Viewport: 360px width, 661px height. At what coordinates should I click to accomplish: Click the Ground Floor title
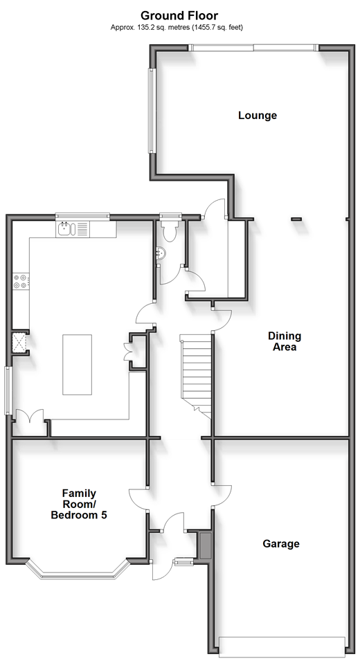point(179,16)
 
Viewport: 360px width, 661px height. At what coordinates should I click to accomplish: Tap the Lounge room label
point(258,115)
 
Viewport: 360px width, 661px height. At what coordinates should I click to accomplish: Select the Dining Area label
point(285,341)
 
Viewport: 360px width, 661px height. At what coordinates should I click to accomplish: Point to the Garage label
point(281,544)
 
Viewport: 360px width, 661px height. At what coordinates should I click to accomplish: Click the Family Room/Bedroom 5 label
point(79,504)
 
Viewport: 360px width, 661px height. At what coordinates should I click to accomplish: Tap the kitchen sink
point(66,229)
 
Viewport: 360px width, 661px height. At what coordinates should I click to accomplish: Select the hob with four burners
point(21,281)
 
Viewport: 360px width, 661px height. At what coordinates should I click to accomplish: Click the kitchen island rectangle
point(77,365)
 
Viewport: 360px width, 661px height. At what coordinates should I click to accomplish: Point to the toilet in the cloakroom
point(170,231)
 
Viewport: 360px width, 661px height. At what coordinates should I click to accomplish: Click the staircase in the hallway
point(196,375)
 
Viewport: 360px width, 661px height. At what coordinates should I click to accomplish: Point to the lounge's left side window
point(151,111)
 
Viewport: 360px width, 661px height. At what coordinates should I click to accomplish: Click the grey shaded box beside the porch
point(206,545)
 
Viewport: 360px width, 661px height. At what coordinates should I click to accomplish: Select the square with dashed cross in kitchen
point(19,343)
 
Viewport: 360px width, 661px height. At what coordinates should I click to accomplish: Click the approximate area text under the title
point(177,28)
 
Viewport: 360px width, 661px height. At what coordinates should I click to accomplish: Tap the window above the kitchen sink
point(82,217)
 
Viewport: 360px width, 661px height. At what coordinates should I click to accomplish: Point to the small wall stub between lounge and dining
point(297,219)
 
